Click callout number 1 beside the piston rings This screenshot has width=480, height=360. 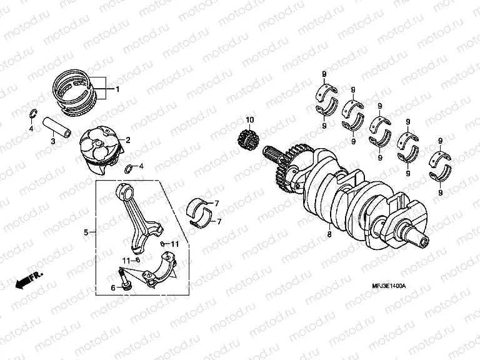117,89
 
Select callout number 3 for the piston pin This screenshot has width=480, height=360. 53,142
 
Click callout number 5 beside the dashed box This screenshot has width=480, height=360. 86,232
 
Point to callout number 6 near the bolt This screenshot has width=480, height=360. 113,287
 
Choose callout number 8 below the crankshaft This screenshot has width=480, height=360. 329,235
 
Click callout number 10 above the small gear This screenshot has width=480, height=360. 250,119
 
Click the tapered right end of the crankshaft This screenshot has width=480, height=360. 416,236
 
